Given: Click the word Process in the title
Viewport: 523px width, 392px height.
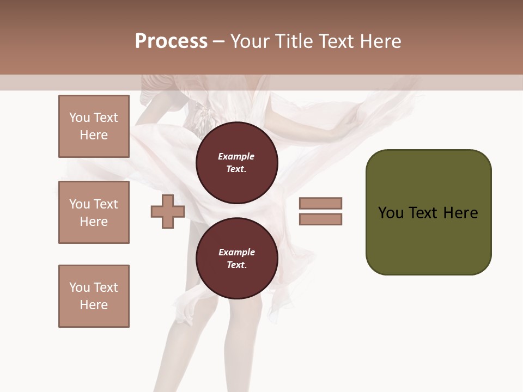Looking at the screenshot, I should click(x=171, y=41).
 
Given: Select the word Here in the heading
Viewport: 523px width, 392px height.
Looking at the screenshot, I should click(x=379, y=41).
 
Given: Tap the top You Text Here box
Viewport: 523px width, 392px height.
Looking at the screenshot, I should click(x=94, y=126).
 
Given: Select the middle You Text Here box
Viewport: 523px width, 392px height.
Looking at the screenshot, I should click(x=94, y=212).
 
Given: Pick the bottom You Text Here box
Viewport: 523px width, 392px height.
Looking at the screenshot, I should click(x=94, y=296).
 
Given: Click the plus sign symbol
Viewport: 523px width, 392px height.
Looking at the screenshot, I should click(x=168, y=211).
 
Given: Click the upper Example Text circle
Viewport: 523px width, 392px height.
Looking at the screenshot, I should click(x=237, y=163).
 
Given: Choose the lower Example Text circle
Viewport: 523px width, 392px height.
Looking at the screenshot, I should click(x=237, y=259).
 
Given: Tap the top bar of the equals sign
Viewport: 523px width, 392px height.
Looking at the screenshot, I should click(x=320, y=203).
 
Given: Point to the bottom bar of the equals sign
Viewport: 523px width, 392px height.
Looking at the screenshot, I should click(x=320, y=219).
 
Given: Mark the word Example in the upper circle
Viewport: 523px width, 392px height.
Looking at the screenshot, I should click(x=236, y=156).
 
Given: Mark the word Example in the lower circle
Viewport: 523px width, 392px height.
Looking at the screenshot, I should click(x=236, y=252).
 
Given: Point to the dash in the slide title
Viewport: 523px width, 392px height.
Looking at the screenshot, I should click(x=218, y=41).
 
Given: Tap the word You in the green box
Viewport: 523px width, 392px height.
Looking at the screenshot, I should click(x=391, y=213).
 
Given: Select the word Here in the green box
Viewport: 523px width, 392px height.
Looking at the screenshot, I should click(x=461, y=213).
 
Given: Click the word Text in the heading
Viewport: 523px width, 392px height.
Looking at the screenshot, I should click(x=336, y=41).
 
